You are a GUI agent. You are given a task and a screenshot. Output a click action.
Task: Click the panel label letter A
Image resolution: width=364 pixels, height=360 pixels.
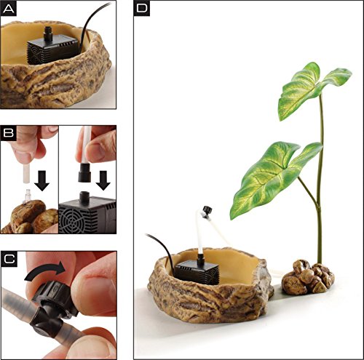9,9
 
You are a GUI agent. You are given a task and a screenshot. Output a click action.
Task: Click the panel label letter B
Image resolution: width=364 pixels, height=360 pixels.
9,133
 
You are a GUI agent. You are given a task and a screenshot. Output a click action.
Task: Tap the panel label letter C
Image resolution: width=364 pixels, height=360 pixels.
9,259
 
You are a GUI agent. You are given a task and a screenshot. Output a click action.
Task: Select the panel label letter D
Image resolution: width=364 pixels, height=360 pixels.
142,9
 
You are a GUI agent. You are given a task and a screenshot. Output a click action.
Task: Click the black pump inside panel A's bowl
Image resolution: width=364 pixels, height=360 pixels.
53,49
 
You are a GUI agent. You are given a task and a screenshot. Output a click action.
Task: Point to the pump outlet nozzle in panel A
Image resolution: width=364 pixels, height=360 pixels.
48,33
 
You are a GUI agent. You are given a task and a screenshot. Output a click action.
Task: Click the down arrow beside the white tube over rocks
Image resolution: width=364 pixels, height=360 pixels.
42,180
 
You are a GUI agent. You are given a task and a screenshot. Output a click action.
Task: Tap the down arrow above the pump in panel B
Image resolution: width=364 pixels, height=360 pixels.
103,180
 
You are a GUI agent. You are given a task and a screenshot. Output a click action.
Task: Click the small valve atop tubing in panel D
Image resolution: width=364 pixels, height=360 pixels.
206,210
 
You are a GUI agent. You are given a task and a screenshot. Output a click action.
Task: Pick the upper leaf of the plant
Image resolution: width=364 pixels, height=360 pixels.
312,89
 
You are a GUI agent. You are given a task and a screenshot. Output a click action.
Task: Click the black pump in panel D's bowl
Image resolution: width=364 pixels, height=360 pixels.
197,271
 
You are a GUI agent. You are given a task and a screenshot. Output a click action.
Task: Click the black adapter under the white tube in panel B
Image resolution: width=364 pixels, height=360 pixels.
84,172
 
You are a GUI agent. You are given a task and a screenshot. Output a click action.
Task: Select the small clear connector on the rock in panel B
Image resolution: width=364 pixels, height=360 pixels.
27,196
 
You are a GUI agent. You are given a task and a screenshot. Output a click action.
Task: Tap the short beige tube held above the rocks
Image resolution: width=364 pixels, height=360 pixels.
26,173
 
